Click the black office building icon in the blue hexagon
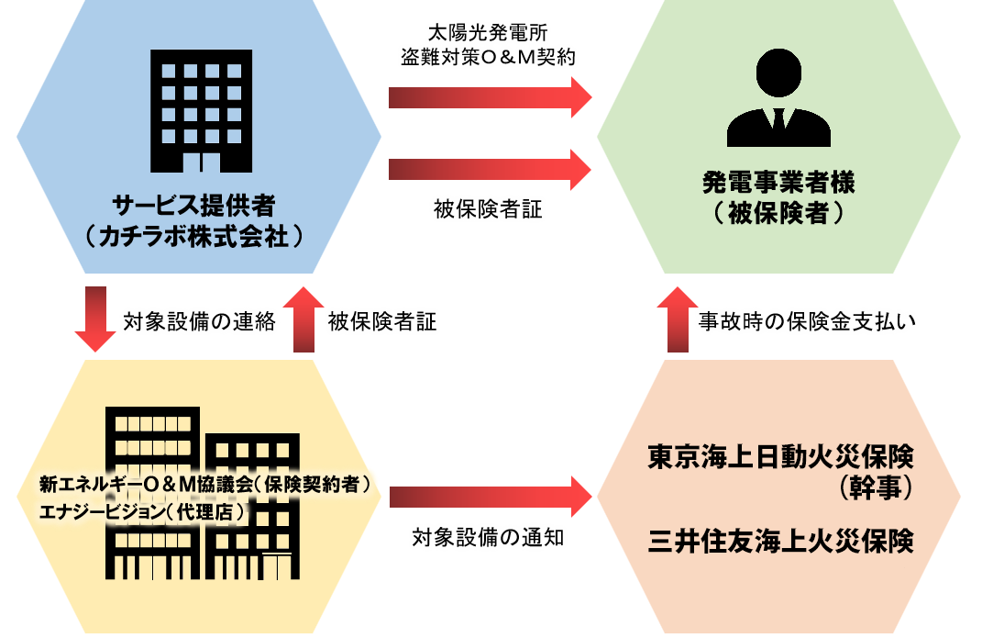(200, 110)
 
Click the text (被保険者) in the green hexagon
(778, 214)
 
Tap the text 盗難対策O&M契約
(488, 57)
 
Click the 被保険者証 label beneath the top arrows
(488, 210)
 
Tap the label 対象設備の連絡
(199, 322)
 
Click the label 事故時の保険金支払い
(808, 322)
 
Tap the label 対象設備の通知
(488, 538)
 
